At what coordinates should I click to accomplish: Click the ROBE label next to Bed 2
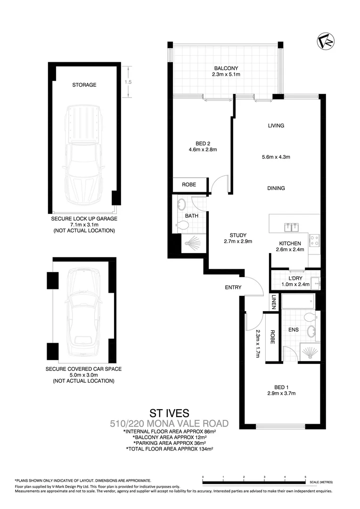[189, 185]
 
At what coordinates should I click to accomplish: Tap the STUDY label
[238, 235]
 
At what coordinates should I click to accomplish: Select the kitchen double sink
[291, 228]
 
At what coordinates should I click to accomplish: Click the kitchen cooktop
[314, 239]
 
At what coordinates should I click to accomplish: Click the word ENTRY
[233, 287]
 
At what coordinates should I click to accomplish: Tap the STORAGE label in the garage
[84, 85]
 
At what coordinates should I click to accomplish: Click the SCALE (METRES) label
[321, 482]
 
